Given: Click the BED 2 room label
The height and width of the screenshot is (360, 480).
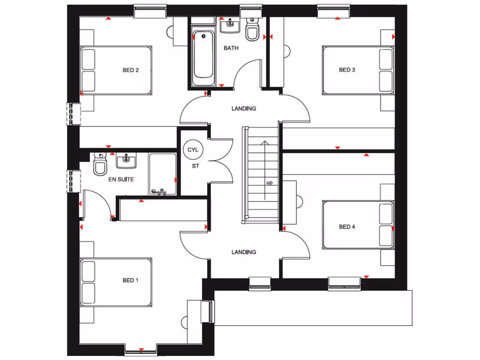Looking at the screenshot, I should pyautogui.click(x=130, y=70).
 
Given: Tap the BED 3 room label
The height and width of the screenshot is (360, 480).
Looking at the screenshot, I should pyautogui.click(x=347, y=70).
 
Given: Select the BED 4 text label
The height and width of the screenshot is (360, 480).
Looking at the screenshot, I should pyautogui.click(x=347, y=227).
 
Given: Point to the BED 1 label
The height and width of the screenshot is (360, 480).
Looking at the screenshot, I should pyautogui.click(x=130, y=280).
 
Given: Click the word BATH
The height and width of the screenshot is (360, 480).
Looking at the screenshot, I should pyautogui.click(x=231, y=48).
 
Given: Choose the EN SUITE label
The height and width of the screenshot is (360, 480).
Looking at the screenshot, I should pyautogui.click(x=121, y=179).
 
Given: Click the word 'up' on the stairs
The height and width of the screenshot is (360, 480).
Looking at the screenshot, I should pyautogui.click(x=269, y=183).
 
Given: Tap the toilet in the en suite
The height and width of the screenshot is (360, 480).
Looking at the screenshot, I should pyautogui.click(x=100, y=165).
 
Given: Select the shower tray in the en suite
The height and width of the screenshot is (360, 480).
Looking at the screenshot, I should pyautogui.click(x=162, y=174).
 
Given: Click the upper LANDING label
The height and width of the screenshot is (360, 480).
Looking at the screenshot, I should pyautogui.click(x=244, y=109).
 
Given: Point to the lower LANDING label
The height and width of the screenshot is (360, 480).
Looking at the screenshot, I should pyautogui.click(x=244, y=252).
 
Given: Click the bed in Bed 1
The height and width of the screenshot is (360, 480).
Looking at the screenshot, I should pyautogui.click(x=116, y=282).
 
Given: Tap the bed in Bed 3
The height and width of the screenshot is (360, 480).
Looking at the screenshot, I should pyautogui.click(x=358, y=70).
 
